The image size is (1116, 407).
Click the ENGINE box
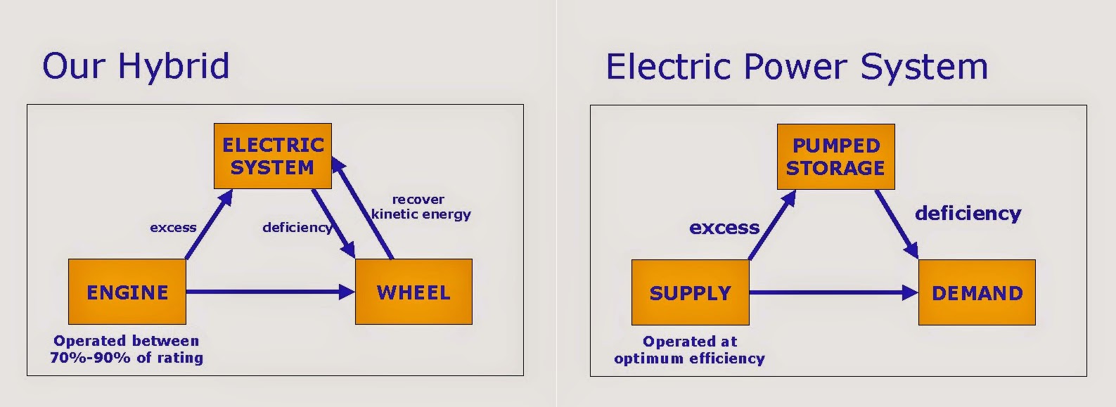(x=127, y=292)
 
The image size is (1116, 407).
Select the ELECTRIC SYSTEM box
(x=273, y=156)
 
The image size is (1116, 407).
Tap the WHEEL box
(x=413, y=292)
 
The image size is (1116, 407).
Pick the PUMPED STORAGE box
(x=835, y=157)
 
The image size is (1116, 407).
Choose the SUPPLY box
(x=690, y=292)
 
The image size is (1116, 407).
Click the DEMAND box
(x=977, y=292)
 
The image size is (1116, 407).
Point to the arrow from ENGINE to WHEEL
(x=271, y=292)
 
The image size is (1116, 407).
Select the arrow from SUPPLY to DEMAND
(x=834, y=292)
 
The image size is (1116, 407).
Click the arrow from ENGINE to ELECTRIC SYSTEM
(x=209, y=225)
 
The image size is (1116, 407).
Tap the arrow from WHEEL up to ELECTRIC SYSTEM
(x=363, y=208)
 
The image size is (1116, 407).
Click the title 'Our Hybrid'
(x=136, y=66)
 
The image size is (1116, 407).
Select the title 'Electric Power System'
(x=797, y=67)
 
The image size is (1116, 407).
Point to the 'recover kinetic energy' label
(x=421, y=207)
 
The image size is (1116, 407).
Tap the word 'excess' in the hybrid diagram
(x=173, y=228)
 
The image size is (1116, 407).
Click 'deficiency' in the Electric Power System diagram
(x=968, y=213)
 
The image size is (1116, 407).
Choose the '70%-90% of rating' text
(x=127, y=358)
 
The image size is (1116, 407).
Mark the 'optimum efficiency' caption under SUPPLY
(x=689, y=358)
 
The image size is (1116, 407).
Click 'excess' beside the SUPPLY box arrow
(x=724, y=228)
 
